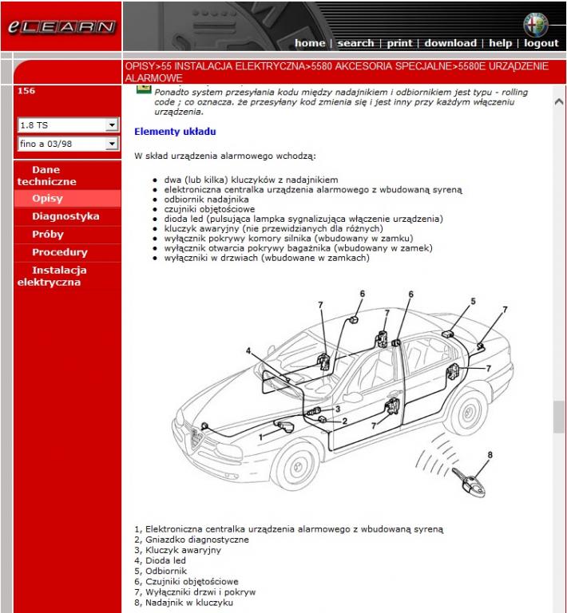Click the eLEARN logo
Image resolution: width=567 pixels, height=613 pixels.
pyautogui.click(x=61, y=26)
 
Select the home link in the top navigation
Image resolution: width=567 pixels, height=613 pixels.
pyautogui.click(x=310, y=43)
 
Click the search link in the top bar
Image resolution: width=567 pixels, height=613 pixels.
pyautogui.click(x=355, y=43)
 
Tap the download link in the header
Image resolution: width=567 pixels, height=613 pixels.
pyautogui.click(x=450, y=43)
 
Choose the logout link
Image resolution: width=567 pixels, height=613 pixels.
pyautogui.click(x=541, y=43)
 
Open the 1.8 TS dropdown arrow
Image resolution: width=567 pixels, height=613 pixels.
pyautogui.click(x=112, y=125)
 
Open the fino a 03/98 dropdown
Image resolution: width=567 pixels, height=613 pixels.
pyautogui.click(x=112, y=144)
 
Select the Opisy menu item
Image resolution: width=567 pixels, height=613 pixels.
pyautogui.click(x=47, y=199)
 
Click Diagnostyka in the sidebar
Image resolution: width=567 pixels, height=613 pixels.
pyautogui.click(x=65, y=216)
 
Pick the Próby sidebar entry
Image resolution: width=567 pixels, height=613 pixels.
pyautogui.click(x=47, y=235)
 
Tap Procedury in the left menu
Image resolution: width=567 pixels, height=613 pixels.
pyautogui.click(x=59, y=252)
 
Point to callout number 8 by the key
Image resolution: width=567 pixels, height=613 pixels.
pyautogui.click(x=490, y=455)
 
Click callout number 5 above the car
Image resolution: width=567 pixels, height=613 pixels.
pyautogui.click(x=473, y=302)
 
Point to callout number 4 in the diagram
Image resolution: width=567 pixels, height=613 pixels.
pyautogui.click(x=248, y=351)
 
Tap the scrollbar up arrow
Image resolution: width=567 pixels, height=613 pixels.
pyautogui.click(x=559, y=102)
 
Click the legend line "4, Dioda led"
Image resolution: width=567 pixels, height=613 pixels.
pyautogui.click(x=161, y=561)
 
